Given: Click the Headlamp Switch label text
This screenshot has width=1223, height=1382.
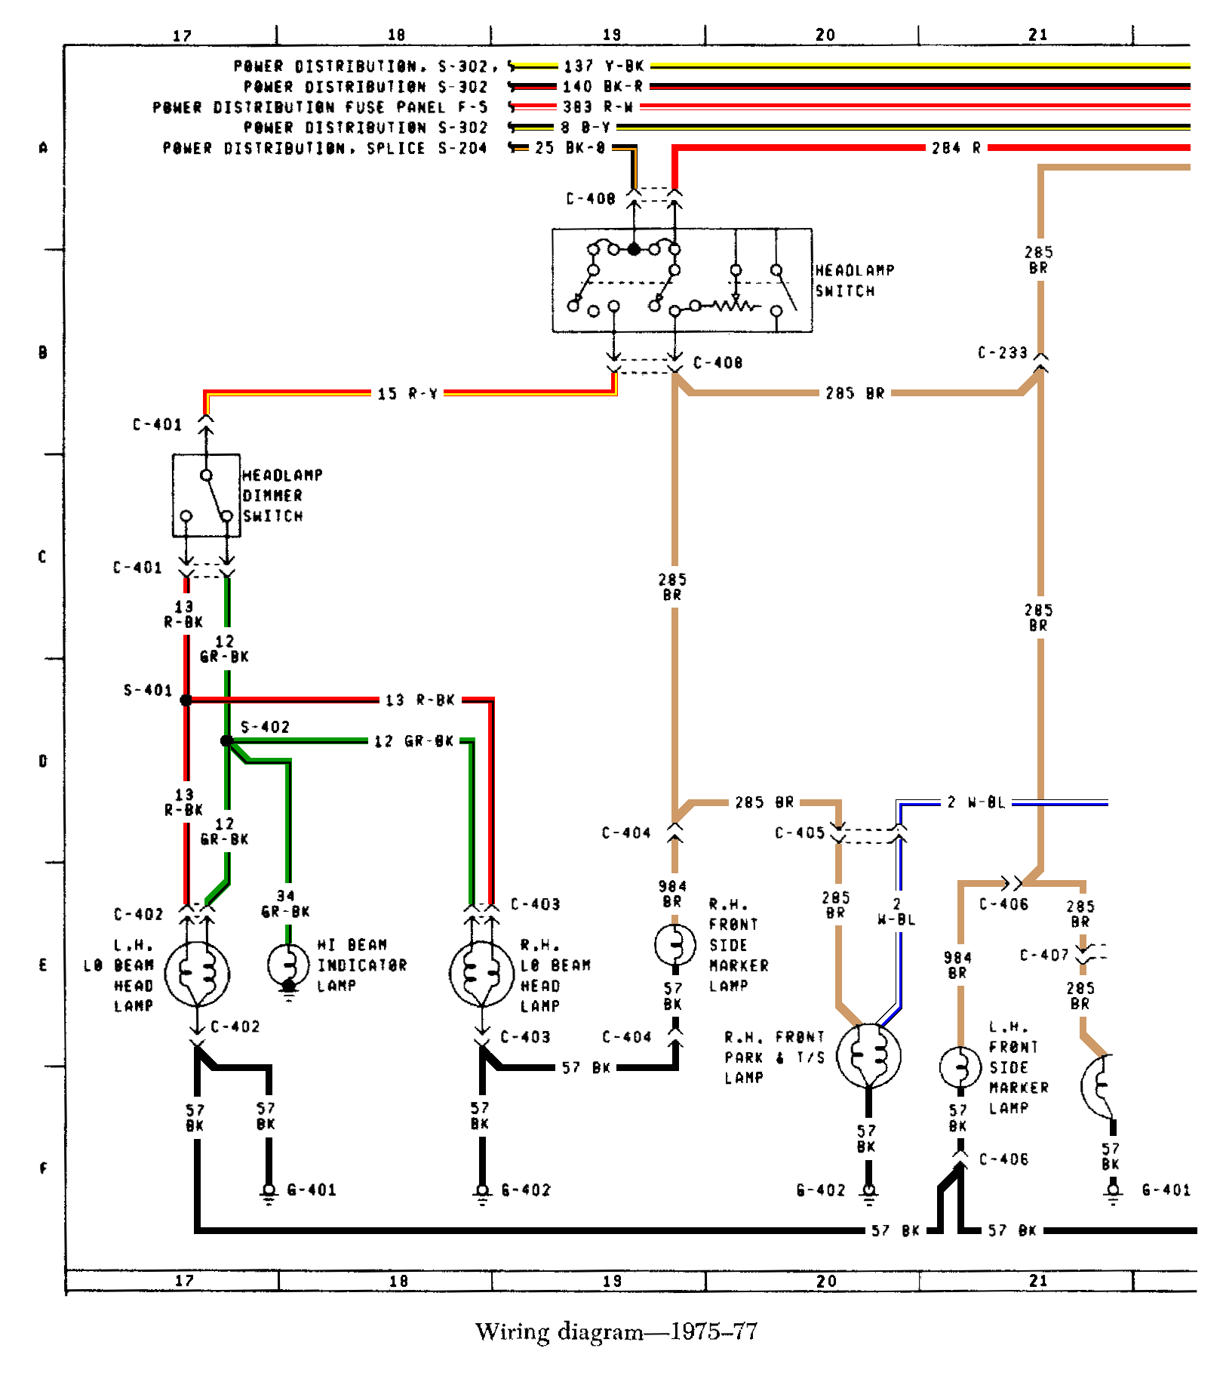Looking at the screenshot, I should tap(854, 281).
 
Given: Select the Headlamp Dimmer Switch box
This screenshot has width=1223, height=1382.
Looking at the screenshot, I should tap(206, 496).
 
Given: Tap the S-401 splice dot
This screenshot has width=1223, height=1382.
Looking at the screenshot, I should tap(186, 700).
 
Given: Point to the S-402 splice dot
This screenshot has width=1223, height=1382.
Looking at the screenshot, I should tap(226, 740).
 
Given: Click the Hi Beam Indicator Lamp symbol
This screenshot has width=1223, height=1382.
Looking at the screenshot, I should tap(288, 965).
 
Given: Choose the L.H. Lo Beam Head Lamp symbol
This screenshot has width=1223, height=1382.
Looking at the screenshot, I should tap(197, 974).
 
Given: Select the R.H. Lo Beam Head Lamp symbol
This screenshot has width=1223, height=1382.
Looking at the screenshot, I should tap(481, 974).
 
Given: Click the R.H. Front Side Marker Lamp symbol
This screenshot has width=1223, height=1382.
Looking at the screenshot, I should tap(674, 944).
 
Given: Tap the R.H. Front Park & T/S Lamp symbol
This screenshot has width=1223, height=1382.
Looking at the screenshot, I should tap(868, 1054).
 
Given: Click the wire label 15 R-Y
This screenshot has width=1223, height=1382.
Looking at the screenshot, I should tap(407, 393).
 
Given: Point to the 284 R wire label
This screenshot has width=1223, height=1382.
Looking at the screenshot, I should tap(956, 148).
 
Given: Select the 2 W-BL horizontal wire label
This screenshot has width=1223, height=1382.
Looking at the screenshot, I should tap(976, 802).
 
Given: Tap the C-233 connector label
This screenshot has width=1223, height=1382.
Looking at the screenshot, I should tap(1003, 352).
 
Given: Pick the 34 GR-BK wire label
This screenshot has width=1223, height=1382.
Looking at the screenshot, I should tap(285, 903).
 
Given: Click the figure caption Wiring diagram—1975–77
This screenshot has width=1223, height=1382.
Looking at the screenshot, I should tap(616, 1331).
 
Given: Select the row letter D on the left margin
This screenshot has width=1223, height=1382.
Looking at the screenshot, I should tap(43, 761).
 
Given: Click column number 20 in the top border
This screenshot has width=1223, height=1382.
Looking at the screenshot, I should tap(825, 35).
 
